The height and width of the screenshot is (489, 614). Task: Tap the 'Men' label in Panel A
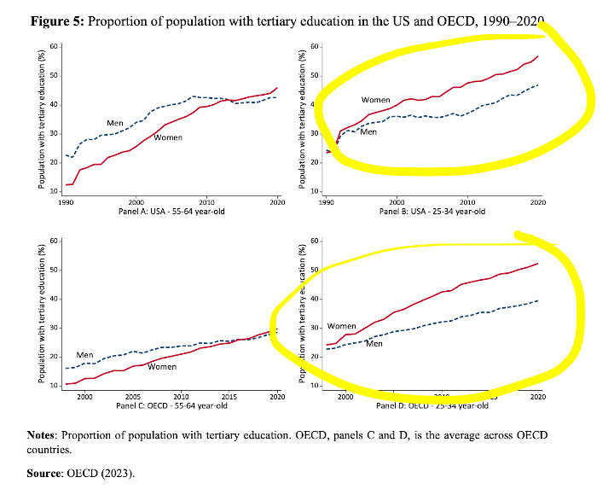(116, 124)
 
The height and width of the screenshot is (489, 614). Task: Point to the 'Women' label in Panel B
(377, 101)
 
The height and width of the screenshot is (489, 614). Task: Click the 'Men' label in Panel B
(368, 132)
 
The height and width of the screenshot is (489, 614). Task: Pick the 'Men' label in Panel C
(85, 355)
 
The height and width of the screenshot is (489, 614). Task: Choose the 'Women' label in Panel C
(162, 367)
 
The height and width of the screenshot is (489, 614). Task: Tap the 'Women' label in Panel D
(342, 327)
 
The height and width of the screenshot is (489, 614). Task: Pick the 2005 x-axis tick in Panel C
(133, 397)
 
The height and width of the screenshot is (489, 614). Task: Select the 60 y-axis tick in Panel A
(54, 46)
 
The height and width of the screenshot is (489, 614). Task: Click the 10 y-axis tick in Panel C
(54, 386)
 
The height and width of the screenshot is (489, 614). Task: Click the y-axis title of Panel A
(40, 119)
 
